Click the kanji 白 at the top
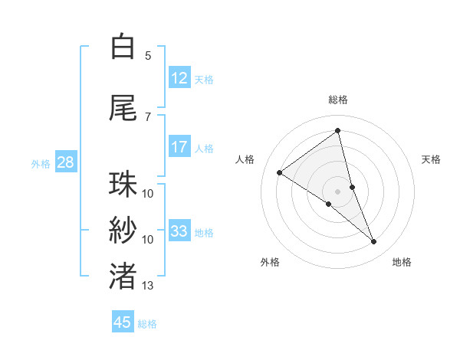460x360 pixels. pyautogui.click(x=123, y=47)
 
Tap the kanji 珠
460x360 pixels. pyautogui.click(x=123, y=185)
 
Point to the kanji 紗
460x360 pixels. pyautogui.click(x=123, y=231)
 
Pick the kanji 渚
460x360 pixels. pyautogui.click(x=123, y=277)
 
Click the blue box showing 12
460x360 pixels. pyautogui.click(x=179, y=78)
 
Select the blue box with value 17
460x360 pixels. pyautogui.click(x=179, y=147)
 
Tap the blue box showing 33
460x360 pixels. pyautogui.click(x=179, y=231)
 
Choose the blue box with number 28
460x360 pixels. pyautogui.click(x=65, y=162)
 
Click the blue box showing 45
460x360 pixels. pyautogui.click(x=123, y=322)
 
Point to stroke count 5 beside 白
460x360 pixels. pyautogui.click(x=148, y=56)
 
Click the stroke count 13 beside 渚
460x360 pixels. pyautogui.click(x=148, y=286)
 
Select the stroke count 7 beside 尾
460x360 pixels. pyautogui.click(x=148, y=116)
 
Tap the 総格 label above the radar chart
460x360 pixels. pyautogui.click(x=337, y=100)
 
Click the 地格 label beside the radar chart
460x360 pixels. pyautogui.click(x=402, y=262)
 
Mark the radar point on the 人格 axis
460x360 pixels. pyautogui.click(x=280, y=172)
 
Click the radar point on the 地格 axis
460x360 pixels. pyautogui.click(x=373, y=242)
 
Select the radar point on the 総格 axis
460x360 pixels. pyautogui.click(x=337, y=130)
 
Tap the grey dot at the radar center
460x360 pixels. pyautogui.click(x=337, y=190)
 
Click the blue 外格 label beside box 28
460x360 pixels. pyautogui.click(x=40, y=163)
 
